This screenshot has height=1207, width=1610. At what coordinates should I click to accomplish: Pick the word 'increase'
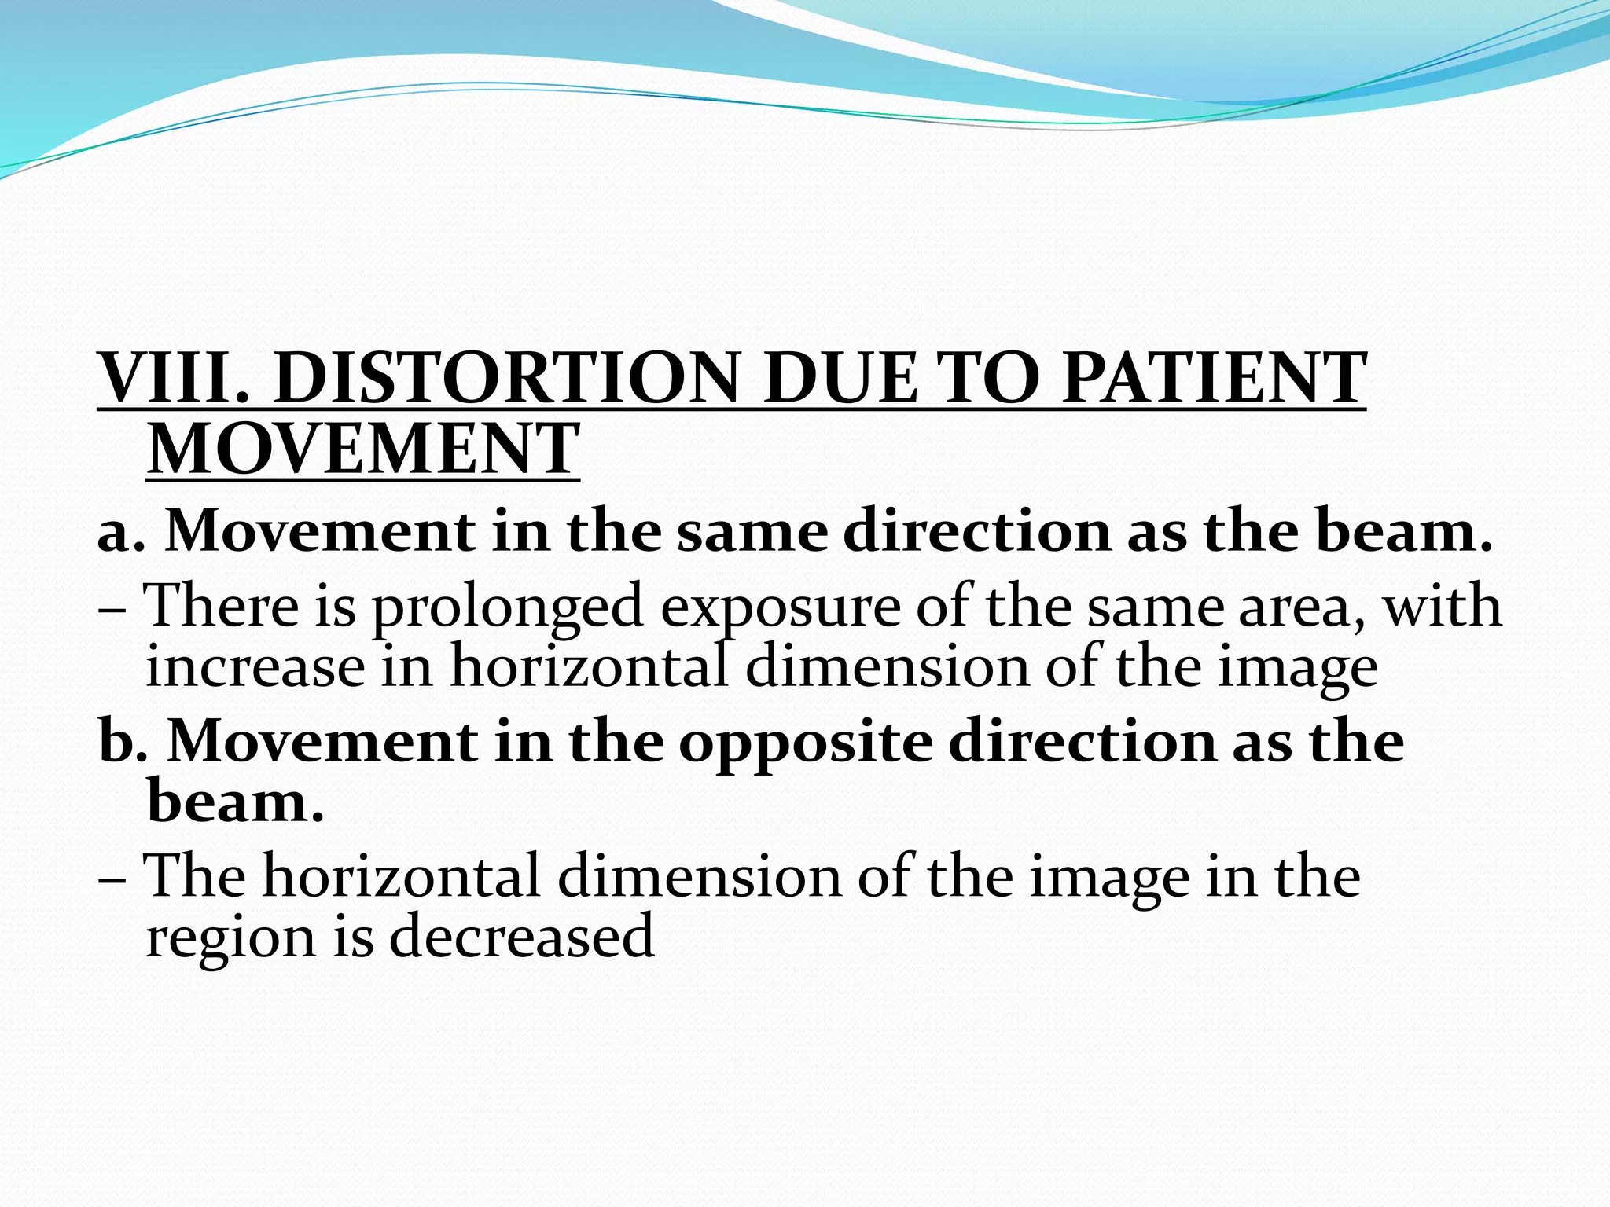pos(255,666)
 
